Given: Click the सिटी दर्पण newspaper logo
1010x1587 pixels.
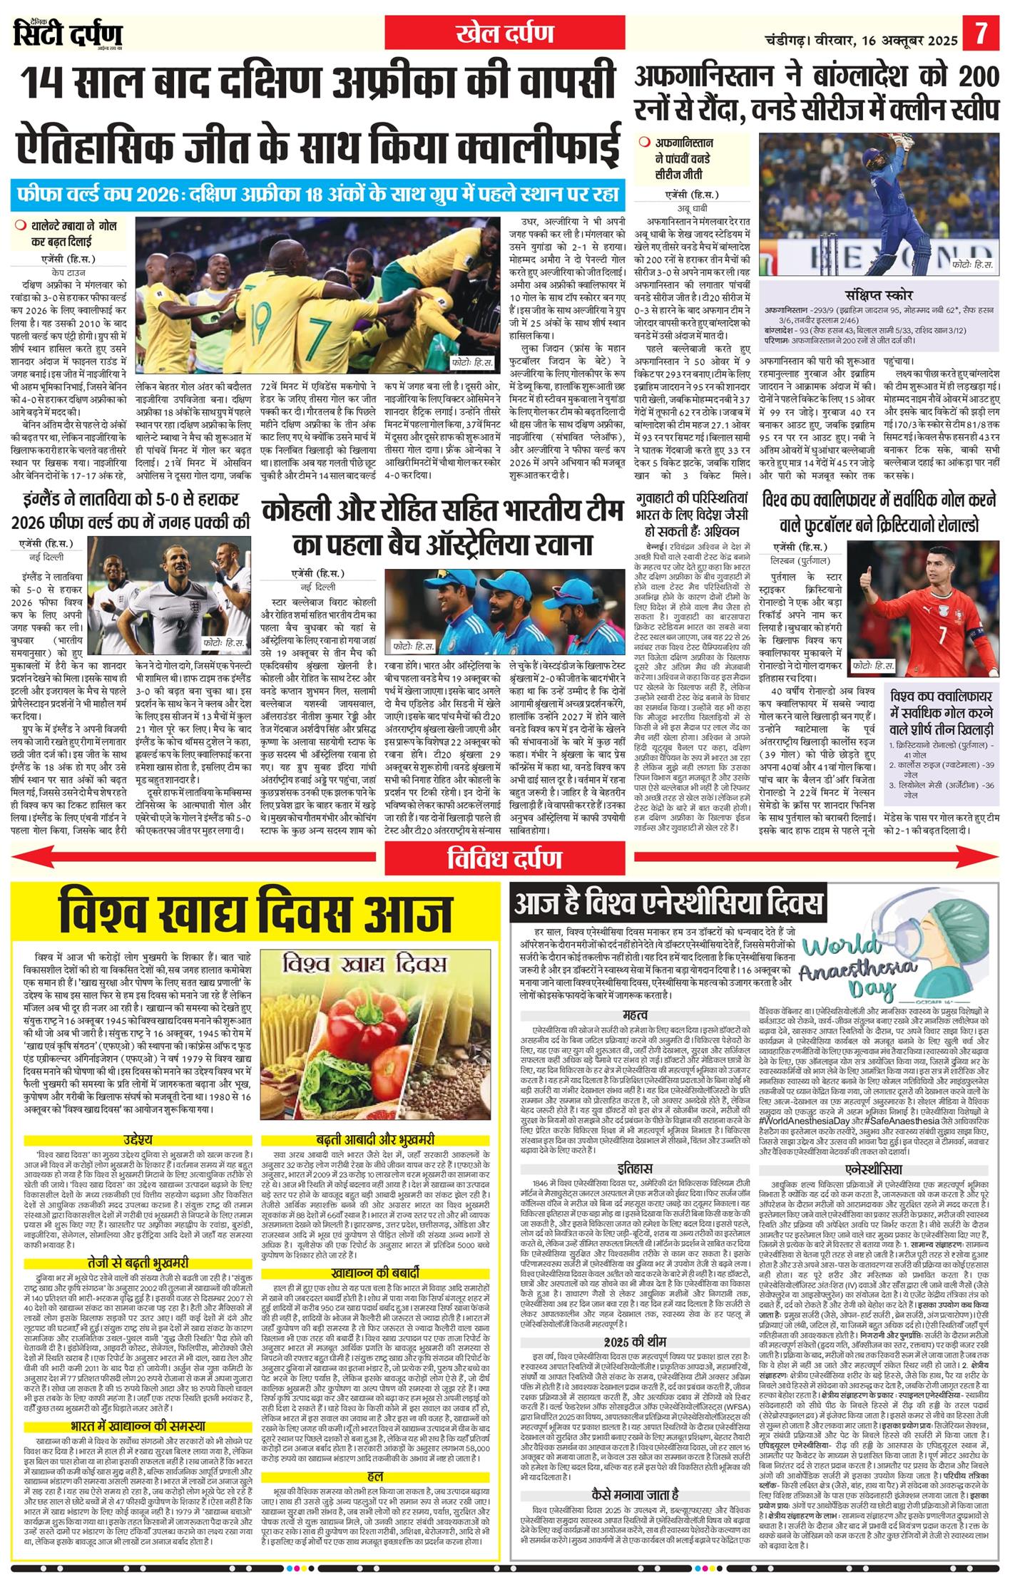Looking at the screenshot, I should [x=68, y=34].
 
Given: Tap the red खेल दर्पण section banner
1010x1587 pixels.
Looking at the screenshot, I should [x=505, y=34].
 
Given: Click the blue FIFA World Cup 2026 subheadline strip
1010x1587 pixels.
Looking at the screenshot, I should [x=318, y=195].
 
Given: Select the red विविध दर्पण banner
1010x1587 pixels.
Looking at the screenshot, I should [x=504, y=858].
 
